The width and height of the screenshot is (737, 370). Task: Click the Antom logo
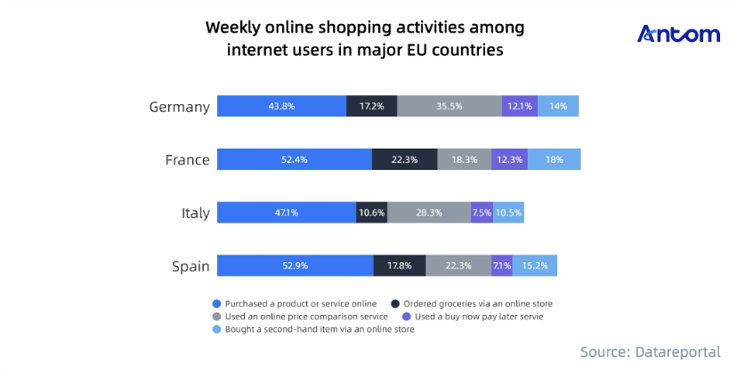pyautogui.click(x=678, y=35)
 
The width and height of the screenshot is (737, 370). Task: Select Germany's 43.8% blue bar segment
pyautogui.click(x=281, y=106)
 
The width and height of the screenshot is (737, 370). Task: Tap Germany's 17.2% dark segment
pyautogui.click(x=371, y=106)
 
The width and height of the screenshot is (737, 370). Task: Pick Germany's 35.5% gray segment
pyautogui.click(x=449, y=106)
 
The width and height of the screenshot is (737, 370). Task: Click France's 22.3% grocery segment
pyautogui.click(x=404, y=159)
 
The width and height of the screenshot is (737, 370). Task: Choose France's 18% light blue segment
pyautogui.click(x=554, y=159)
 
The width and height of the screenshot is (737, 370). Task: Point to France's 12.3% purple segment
pyautogui.click(x=509, y=159)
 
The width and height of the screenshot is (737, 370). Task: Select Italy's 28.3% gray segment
pyautogui.click(x=429, y=213)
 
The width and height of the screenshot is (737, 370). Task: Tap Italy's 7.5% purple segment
pyautogui.click(x=482, y=213)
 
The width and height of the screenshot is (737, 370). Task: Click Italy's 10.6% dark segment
pyautogui.click(x=371, y=213)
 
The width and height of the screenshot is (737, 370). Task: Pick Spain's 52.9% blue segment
pyautogui.click(x=295, y=266)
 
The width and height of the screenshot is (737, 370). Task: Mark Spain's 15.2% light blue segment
pyautogui.click(x=535, y=266)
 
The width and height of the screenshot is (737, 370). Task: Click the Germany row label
pyautogui.click(x=179, y=107)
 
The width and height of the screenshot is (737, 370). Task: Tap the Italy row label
pyautogui.click(x=194, y=213)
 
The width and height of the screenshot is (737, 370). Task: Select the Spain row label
pyautogui.click(x=190, y=267)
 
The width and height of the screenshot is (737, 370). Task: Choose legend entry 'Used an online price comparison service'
pyautogui.click(x=300, y=316)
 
